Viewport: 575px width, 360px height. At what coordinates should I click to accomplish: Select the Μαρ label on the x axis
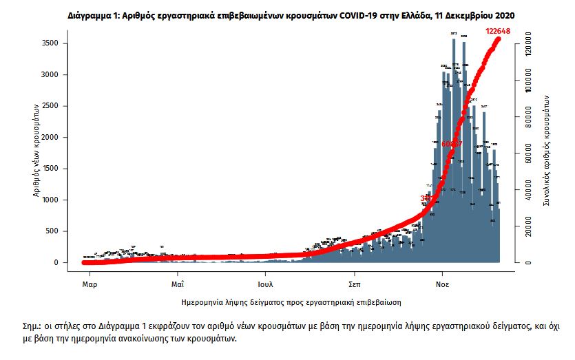87,282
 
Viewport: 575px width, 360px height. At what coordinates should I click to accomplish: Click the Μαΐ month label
177,282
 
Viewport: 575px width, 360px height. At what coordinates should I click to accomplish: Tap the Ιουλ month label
265,282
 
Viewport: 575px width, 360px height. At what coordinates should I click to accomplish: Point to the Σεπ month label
355,282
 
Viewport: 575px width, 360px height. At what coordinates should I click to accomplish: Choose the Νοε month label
443,282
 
